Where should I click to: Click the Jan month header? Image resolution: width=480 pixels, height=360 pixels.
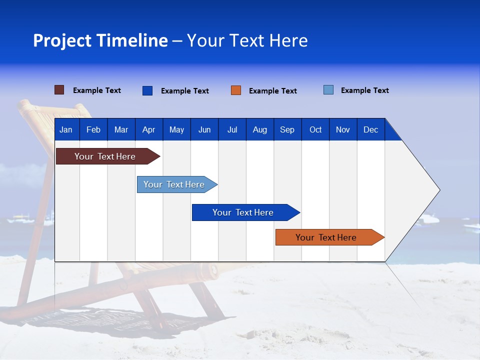(x=66, y=129)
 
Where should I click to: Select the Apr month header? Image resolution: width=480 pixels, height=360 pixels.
(x=148, y=129)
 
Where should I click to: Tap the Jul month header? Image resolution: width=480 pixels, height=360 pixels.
(x=232, y=129)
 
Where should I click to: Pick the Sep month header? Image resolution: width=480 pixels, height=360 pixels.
(x=287, y=129)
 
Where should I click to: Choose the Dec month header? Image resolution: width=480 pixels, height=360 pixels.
(x=370, y=129)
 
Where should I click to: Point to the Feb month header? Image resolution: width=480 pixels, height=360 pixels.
(x=93, y=129)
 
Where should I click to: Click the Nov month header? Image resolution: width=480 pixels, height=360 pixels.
(x=343, y=129)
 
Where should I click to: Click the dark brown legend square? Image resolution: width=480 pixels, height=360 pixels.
(x=59, y=90)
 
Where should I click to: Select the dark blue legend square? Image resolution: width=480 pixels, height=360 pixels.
(x=147, y=90)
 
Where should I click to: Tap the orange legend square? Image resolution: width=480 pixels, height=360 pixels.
(x=236, y=90)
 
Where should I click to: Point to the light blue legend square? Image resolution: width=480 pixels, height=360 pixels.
(x=328, y=90)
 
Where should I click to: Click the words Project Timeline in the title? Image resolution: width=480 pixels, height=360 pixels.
(x=100, y=40)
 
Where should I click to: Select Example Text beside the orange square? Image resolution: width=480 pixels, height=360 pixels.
(x=272, y=91)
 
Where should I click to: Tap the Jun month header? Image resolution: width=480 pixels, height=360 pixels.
(x=204, y=129)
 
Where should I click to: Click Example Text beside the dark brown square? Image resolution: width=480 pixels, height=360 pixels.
(x=97, y=90)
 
